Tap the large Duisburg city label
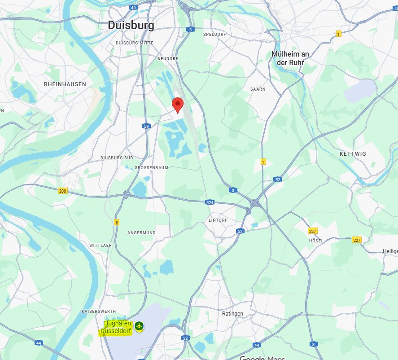point(131,26)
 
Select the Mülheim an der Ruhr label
point(290,58)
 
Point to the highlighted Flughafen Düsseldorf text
point(116,328)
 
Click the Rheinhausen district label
point(65,84)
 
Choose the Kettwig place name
point(353,154)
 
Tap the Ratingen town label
point(232,314)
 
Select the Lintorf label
point(218,220)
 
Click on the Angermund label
point(141,233)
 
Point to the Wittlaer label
point(100,246)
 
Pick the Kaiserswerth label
point(99,311)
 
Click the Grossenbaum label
point(151,168)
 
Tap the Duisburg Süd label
point(116,158)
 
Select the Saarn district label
point(258,89)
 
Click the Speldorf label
point(214,34)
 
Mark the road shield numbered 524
point(210,202)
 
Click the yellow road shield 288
point(62,191)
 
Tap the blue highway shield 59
point(146,126)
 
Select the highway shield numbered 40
point(133,8)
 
